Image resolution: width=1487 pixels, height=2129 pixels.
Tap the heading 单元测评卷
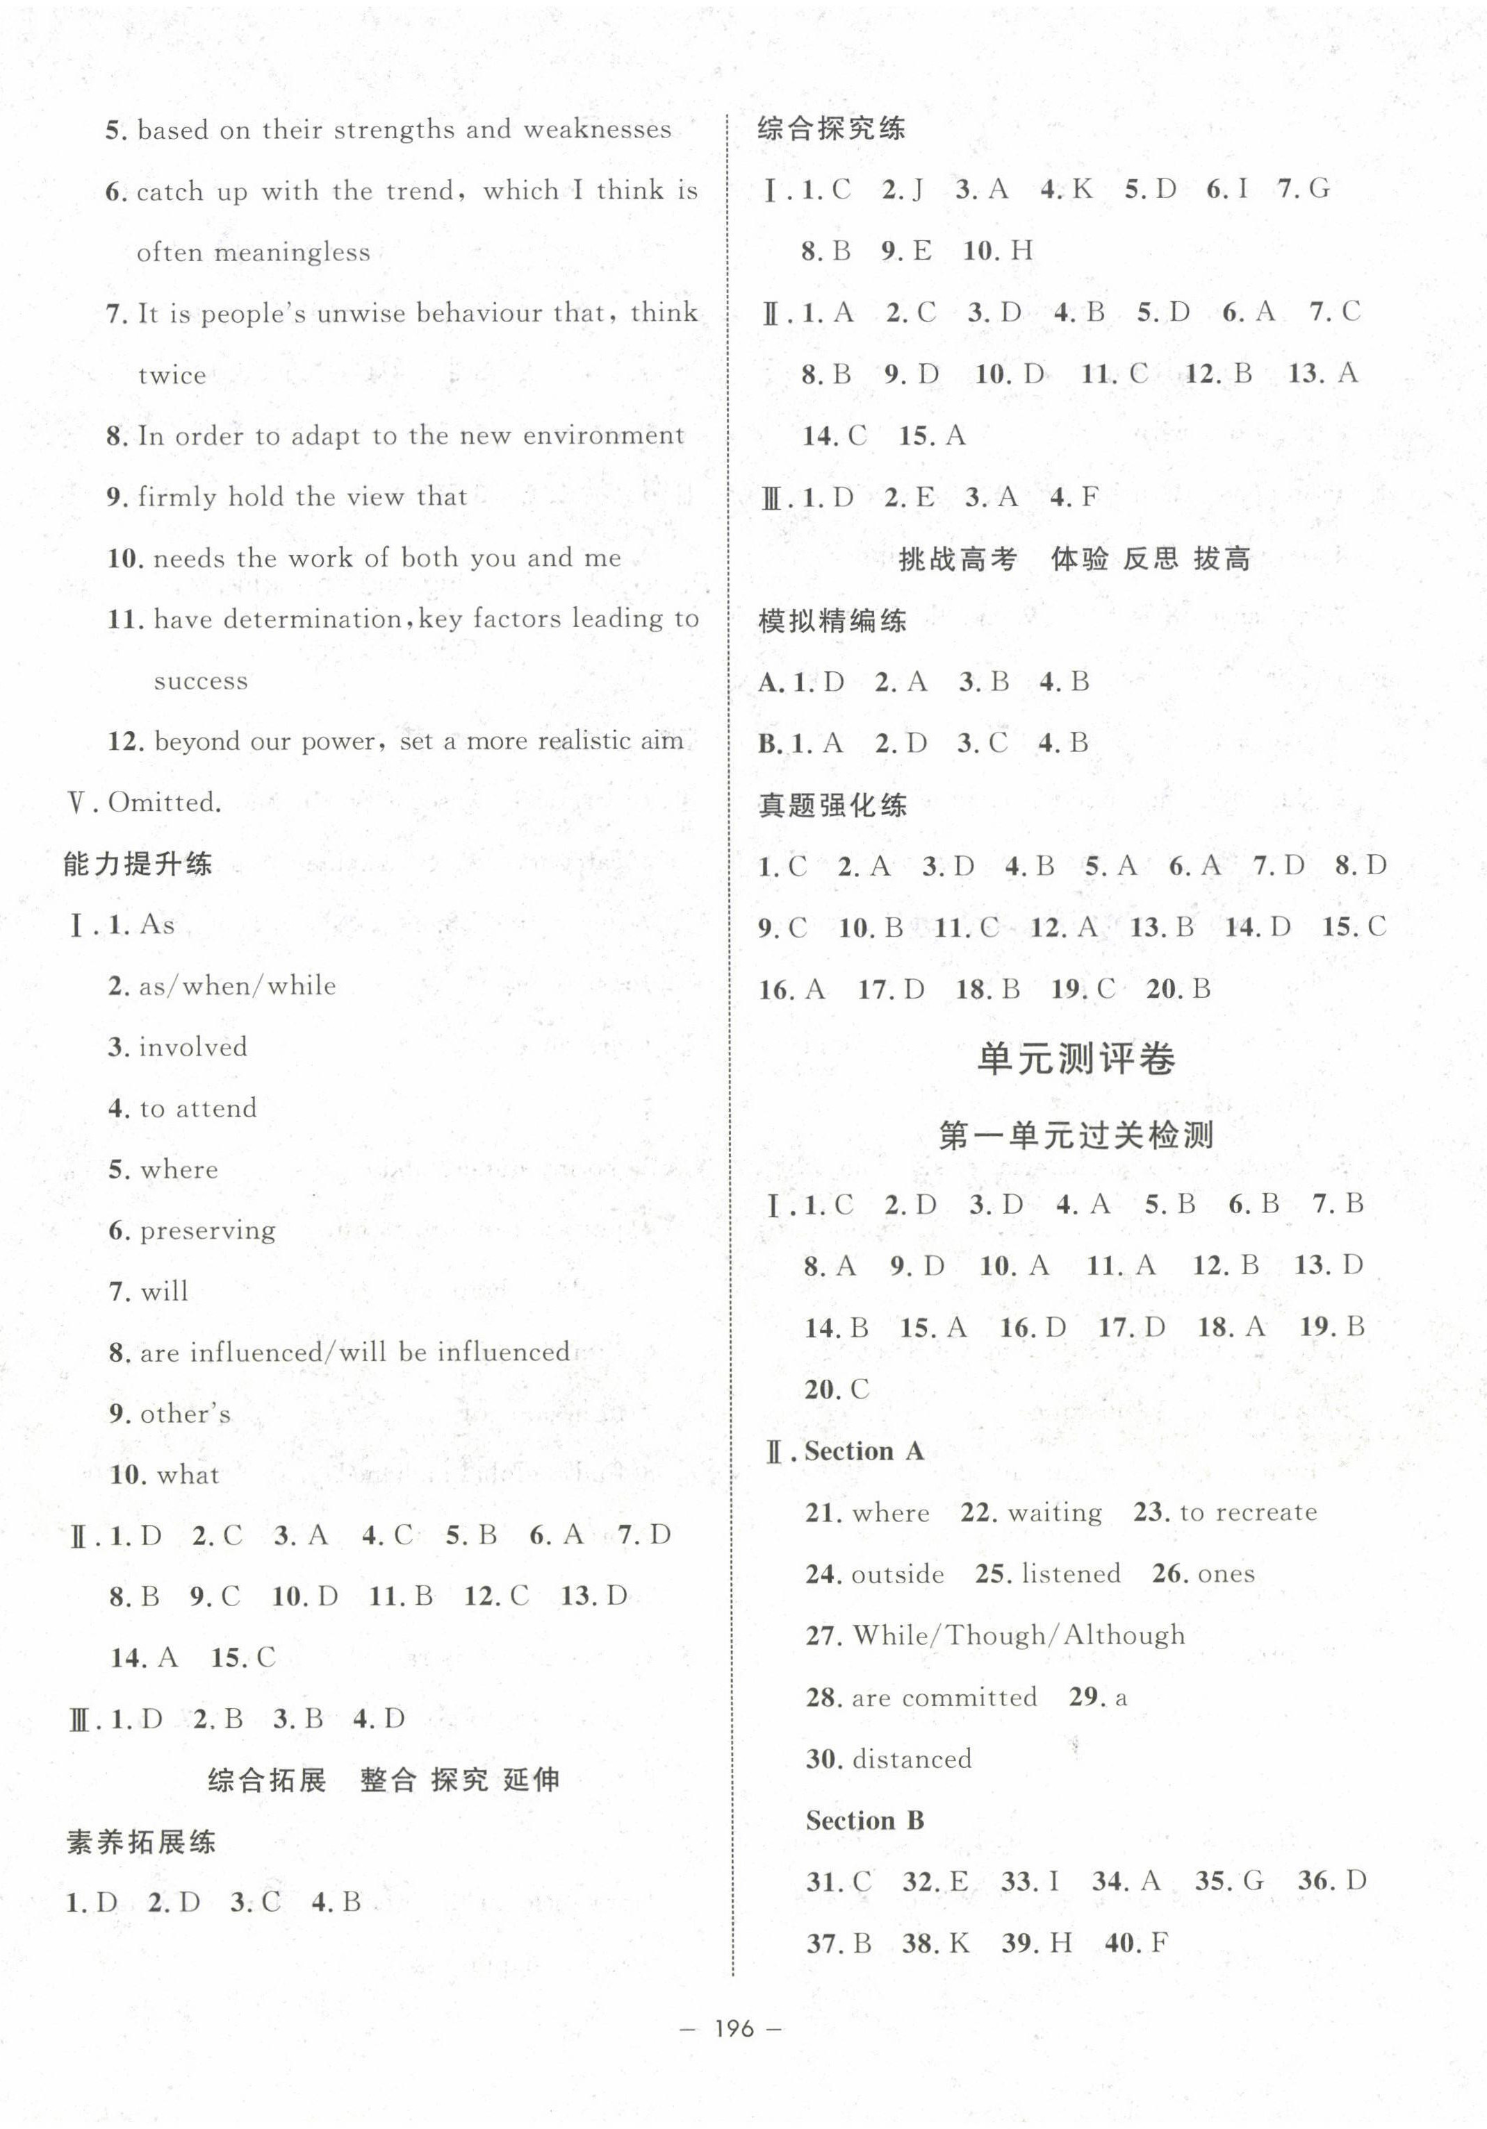[1076, 1058]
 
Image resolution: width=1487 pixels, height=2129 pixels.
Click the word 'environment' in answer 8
[604, 436]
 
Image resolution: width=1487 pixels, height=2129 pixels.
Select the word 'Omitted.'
[165, 802]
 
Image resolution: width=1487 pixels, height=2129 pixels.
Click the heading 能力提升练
[138, 865]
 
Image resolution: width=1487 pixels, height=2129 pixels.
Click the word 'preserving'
[208, 1230]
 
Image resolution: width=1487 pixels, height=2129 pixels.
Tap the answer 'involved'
[193, 1047]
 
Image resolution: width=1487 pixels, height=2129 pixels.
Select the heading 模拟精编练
[832, 620]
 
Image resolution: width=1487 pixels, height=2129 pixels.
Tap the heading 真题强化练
[832, 805]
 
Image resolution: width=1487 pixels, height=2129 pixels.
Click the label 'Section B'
[864, 1820]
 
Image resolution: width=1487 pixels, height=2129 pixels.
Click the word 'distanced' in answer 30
[912, 1759]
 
